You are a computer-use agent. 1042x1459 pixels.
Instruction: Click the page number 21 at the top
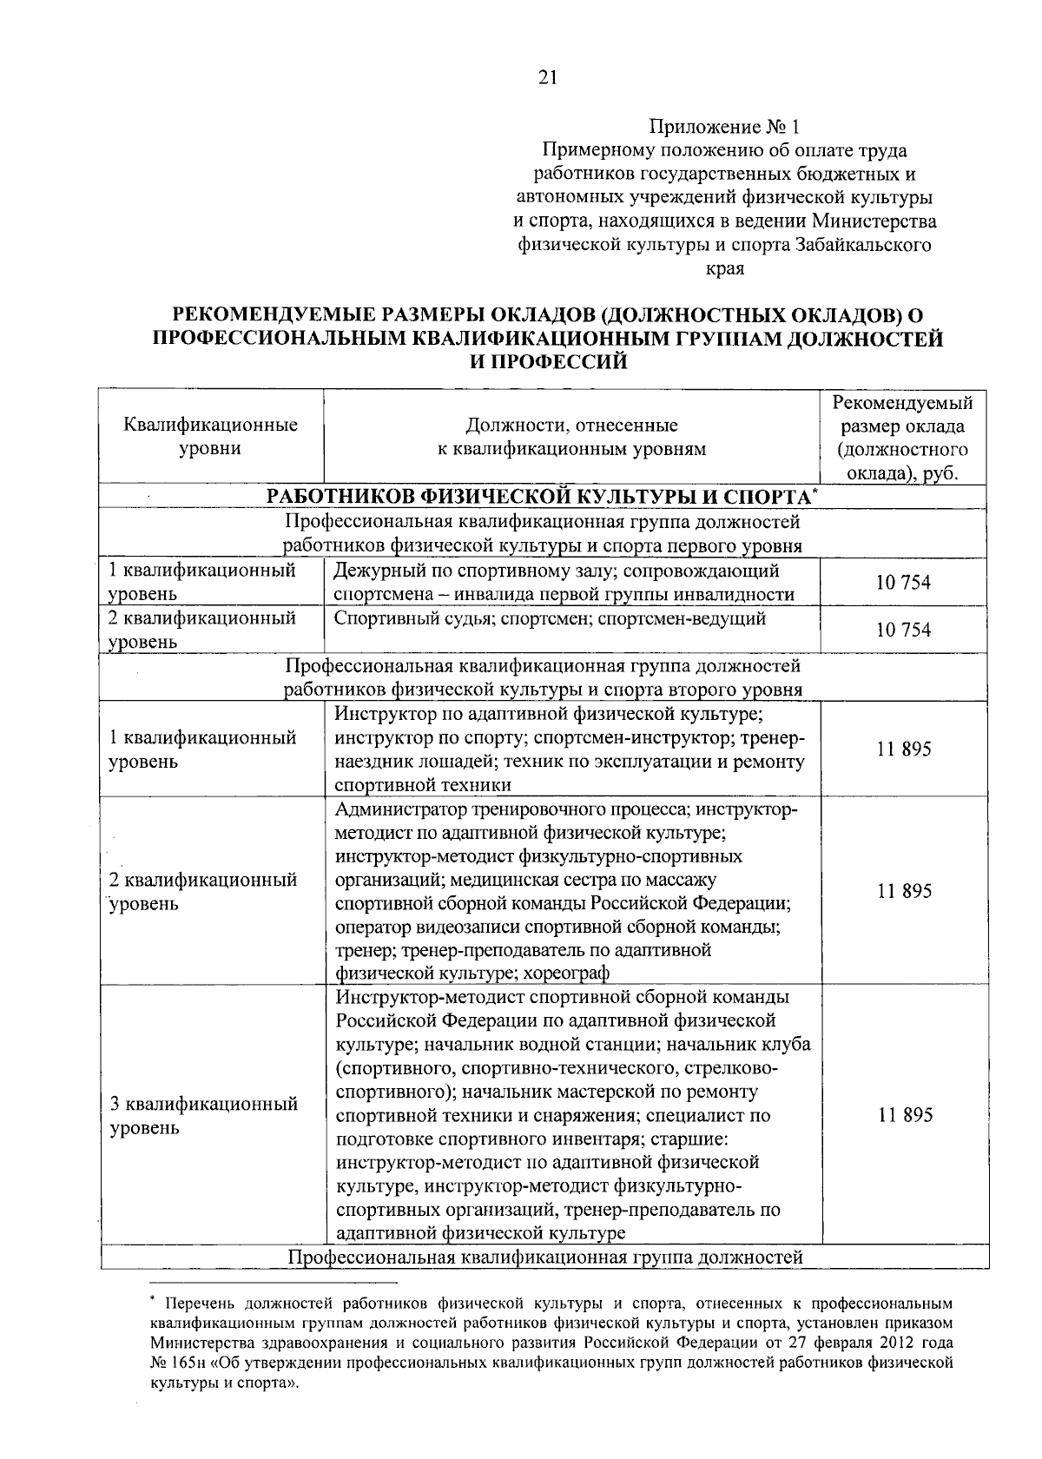(546, 78)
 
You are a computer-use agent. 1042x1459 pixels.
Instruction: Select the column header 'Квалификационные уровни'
(211, 437)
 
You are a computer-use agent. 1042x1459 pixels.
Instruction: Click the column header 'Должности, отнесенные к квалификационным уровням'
(571, 437)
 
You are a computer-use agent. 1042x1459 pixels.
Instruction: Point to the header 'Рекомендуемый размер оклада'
(903, 415)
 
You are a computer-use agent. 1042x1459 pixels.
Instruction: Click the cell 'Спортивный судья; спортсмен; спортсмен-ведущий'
(550, 619)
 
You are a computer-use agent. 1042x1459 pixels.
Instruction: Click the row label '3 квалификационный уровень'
(204, 1116)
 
